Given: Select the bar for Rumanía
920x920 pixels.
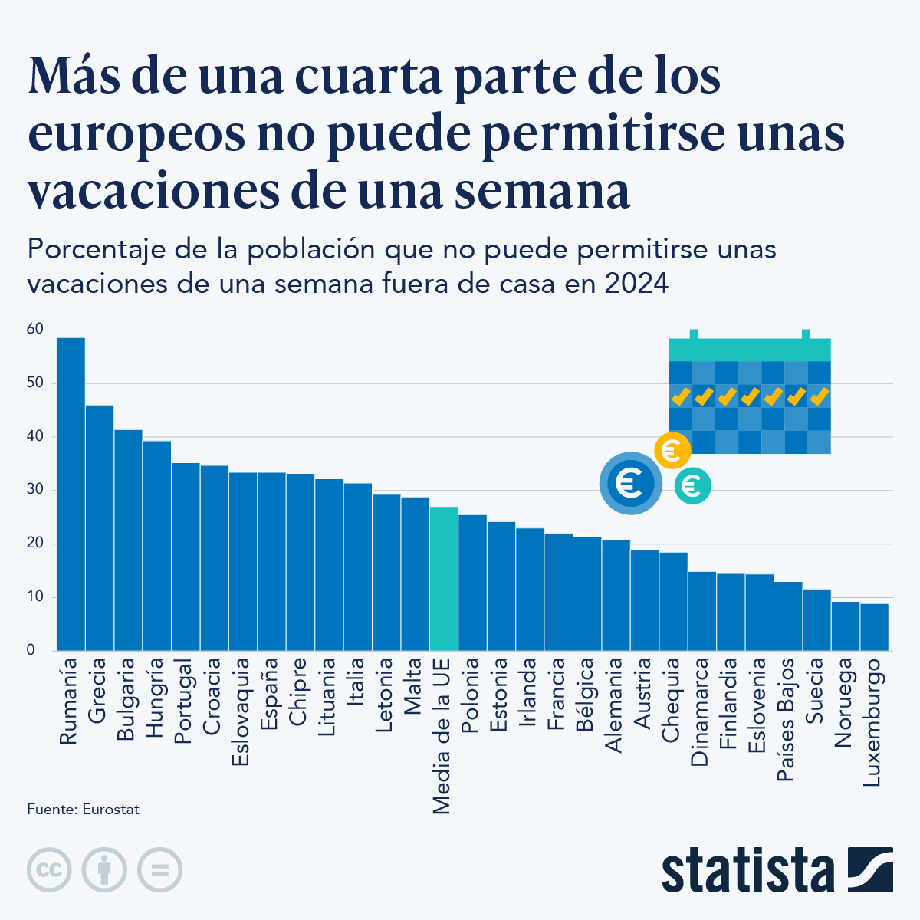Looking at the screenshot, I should [71, 495].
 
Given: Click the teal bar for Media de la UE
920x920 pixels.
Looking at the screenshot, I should [444, 579].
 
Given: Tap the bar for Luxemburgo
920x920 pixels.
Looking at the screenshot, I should [874, 627].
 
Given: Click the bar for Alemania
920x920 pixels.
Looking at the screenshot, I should [616, 595].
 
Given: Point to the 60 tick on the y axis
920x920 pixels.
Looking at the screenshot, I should [35, 329].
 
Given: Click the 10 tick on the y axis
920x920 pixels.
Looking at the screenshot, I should [35, 596].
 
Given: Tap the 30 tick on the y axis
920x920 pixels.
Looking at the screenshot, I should [35, 490].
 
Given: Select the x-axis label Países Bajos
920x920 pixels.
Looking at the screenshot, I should [787, 719].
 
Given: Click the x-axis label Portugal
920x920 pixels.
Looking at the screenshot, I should [185, 701].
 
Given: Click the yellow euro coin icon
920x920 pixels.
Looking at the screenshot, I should [672, 450].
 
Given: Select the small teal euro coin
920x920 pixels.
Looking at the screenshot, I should [692, 486].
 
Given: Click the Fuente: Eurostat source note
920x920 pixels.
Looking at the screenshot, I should [83, 810].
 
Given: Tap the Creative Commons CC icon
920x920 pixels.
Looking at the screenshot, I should [49, 870].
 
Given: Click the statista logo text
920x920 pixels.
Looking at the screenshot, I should [748, 870].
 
